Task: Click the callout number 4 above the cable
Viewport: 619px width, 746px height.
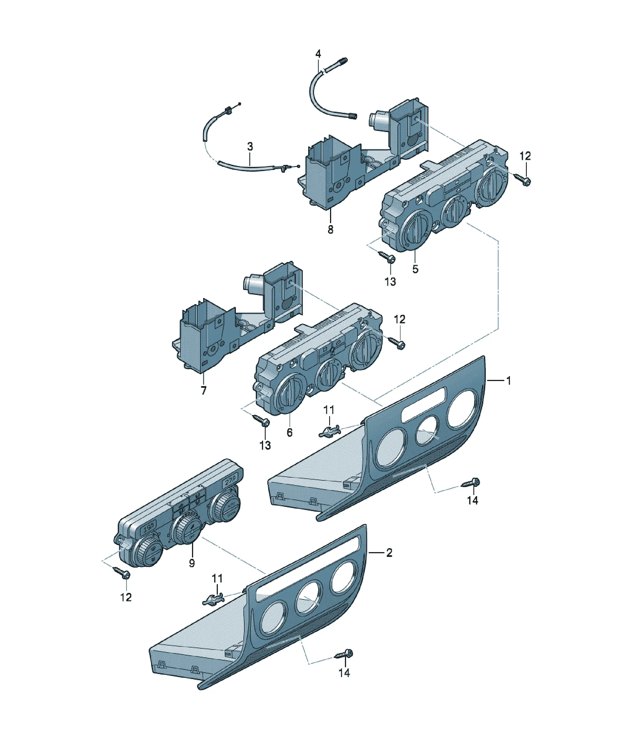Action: coord(318,54)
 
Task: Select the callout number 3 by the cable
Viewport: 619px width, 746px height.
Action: coord(250,146)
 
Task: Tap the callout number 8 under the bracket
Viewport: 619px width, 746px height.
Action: coord(330,229)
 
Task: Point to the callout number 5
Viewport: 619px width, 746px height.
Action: coord(415,269)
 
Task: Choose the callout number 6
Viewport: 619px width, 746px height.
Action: coord(290,432)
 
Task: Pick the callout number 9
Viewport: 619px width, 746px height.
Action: coord(192,563)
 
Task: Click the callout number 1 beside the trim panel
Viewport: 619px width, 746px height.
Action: coord(509,380)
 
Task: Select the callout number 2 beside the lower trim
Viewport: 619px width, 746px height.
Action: coord(389,553)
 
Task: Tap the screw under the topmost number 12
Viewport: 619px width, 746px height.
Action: coord(523,180)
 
